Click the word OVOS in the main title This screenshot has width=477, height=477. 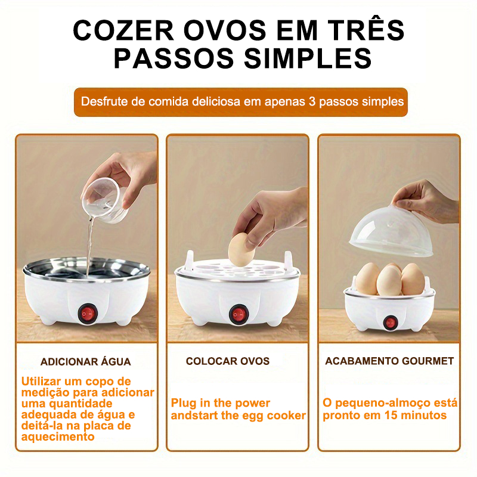225,30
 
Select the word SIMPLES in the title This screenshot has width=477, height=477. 308,58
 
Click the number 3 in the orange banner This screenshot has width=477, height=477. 312,101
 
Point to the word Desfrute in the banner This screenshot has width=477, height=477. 104,101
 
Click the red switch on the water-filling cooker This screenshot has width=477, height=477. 87,313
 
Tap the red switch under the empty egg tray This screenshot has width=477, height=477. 239,314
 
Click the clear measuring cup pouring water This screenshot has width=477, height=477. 104,200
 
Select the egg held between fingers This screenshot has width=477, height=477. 241,249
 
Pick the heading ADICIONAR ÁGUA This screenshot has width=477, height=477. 86,362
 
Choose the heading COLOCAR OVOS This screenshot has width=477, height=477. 228,361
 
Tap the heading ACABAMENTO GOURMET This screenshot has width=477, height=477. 389,361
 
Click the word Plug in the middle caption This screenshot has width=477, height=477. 184,403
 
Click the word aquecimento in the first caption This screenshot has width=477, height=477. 58,437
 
